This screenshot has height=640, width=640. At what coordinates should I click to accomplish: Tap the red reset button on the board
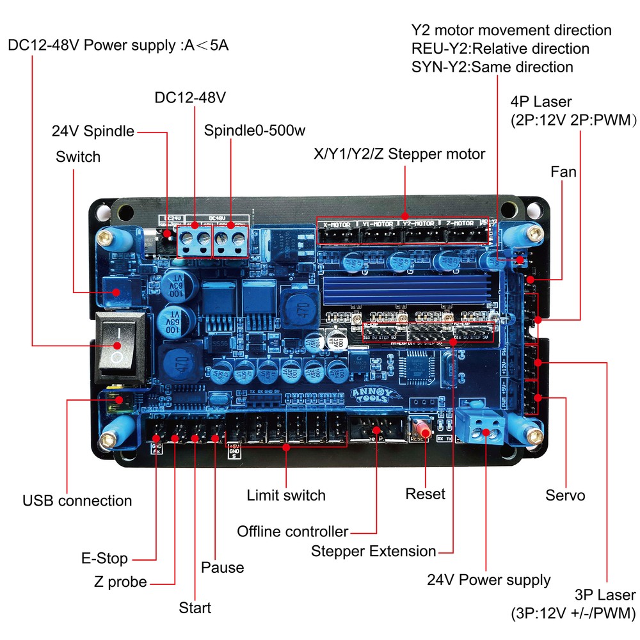tap(422, 428)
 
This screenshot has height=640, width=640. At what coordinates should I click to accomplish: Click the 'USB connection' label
tap(77, 500)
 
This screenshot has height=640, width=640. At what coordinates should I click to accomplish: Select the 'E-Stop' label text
tap(104, 557)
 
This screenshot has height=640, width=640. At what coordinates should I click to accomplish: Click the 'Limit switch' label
tap(286, 495)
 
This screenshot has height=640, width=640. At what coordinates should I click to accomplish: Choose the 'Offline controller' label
tap(292, 531)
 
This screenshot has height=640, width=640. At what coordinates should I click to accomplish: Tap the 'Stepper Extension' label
tap(373, 551)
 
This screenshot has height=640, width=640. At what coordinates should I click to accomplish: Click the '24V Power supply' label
tap(488, 580)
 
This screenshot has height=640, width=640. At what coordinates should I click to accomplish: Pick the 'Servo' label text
tap(565, 495)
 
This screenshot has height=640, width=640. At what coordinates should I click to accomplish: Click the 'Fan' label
tap(563, 172)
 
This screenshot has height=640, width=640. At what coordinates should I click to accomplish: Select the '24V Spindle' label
tap(93, 132)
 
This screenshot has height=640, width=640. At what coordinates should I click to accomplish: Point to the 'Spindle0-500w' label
tap(255, 131)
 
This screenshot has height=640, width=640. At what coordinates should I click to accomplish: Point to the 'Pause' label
tap(222, 568)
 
